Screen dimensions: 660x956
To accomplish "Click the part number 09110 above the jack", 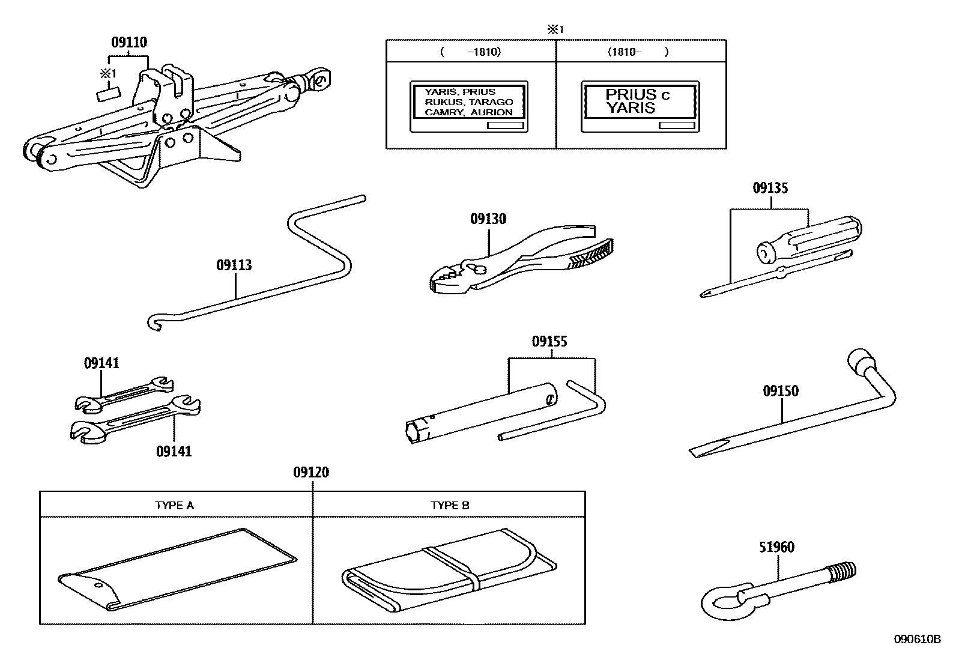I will [129, 43].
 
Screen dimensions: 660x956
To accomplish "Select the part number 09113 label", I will [234, 265].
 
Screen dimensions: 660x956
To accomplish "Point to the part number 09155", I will [549, 342].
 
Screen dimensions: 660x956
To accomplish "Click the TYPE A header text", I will [174, 506].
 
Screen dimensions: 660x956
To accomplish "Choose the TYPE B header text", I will [450, 506].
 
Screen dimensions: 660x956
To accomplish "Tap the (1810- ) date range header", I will [638, 52].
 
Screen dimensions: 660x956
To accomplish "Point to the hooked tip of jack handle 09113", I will [153, 322].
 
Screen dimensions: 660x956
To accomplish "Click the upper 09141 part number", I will [101, 363].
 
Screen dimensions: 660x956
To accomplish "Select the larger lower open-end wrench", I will [135, 421].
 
